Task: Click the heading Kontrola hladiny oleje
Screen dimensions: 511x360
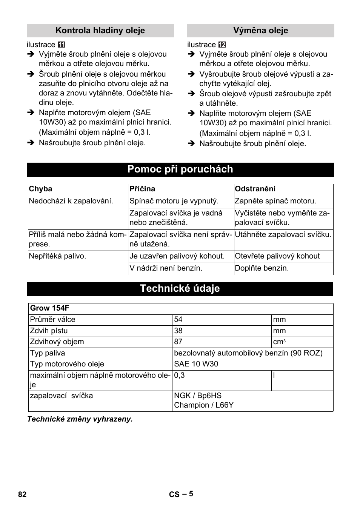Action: (100, 31)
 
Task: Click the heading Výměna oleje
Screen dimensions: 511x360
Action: (260, 31)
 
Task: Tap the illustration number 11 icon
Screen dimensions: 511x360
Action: (62, 45)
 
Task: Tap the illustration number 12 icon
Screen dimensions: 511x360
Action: (222, 45)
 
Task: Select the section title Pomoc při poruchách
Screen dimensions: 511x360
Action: (180, 169)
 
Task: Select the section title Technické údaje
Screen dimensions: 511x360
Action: (180, 289)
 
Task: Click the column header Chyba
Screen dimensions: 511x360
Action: (41, 189)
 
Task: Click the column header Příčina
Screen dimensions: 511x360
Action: (142, 189)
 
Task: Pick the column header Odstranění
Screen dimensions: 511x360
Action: (255, 189)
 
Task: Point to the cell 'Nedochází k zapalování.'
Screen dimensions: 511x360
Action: (71, 201)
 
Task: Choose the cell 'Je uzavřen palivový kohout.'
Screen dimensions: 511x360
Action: (177, 256)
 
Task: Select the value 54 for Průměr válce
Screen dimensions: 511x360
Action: (178, 320)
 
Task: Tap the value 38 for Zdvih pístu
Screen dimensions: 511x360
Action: (178, 331)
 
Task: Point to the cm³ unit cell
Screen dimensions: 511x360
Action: (279, 342)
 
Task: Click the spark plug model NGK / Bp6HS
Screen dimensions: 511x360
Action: (198, 396)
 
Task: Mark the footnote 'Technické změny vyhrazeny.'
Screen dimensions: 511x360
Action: (80, 419)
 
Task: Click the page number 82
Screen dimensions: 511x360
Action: (22, 495)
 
